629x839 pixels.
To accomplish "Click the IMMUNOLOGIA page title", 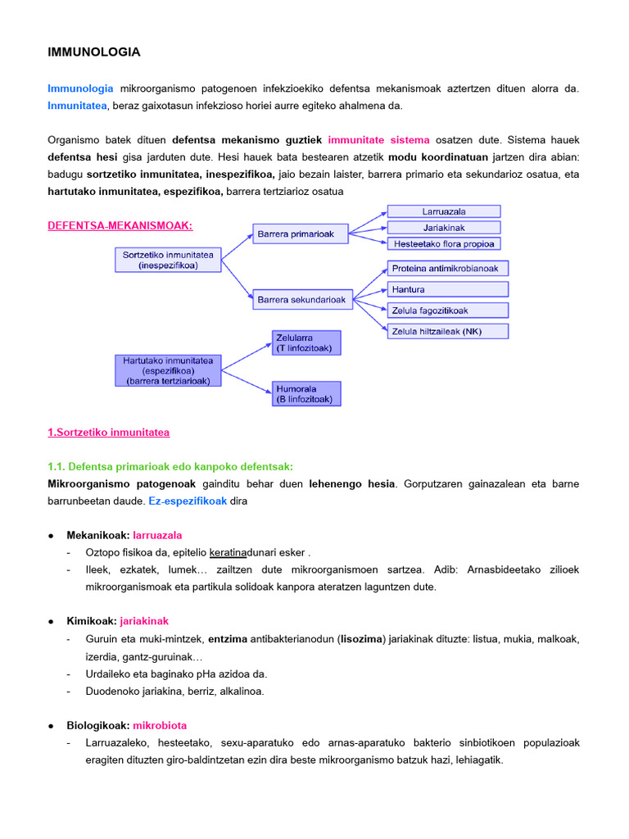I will (94, 52).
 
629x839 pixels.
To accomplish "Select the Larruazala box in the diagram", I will (443, 211).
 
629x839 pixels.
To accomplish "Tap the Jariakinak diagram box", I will (443, 227).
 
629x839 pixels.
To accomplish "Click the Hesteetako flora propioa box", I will (443, 243).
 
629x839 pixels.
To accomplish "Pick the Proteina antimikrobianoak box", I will (447, 268).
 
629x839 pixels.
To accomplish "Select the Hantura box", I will (447, 289).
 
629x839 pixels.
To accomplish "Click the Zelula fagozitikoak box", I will (447, 311).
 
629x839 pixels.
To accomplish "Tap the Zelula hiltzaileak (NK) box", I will (447, 331).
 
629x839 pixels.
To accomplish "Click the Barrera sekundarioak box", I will (302, 300).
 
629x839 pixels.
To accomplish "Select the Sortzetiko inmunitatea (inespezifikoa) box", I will (167, 260).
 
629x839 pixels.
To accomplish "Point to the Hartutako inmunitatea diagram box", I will (167, 370).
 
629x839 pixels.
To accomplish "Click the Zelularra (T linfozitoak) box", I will (305, 342).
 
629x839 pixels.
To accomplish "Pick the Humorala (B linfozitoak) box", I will (305, 394).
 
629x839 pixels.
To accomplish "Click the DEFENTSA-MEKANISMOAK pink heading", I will (120, 225).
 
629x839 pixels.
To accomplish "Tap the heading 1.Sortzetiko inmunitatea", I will (109, 432).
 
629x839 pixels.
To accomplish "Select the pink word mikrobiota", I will (160, 725).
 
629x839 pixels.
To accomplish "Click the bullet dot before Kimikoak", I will (52, 622).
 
